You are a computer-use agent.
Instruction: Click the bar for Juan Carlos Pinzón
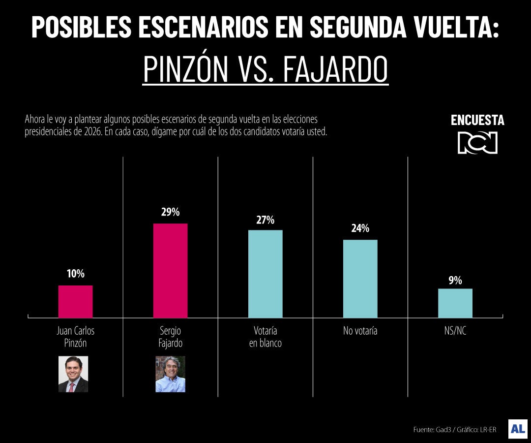tap(75, 301)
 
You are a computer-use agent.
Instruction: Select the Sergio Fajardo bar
tap(170, 270)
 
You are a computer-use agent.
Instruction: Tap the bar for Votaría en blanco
tap(265, 274)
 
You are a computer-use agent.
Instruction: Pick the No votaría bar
tap(360, 279)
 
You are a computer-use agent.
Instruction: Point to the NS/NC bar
tap(455, 303)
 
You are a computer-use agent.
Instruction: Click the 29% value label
tap(170, 213)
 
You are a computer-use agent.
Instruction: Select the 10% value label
tap(75, 274)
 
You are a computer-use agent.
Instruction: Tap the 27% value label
tap(265, 220)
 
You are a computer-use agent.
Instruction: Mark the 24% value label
tap(360, 229)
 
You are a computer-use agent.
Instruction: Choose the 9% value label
tap(455, 280)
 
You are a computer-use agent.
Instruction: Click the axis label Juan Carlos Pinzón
tap(75, 337)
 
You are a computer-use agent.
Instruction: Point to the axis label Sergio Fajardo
tap(170, 337)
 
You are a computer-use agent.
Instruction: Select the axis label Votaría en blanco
tap(265, 337)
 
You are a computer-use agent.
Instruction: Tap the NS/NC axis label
tap(455, 331)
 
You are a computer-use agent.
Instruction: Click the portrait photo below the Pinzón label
tap(73, 374)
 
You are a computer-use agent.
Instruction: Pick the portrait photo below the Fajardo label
tap(170, 374)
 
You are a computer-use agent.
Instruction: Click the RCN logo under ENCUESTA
tap(477, 143)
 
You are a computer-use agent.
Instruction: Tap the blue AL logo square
tap(518, 429)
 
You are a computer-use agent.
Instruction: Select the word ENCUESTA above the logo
tap(477, 121)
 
